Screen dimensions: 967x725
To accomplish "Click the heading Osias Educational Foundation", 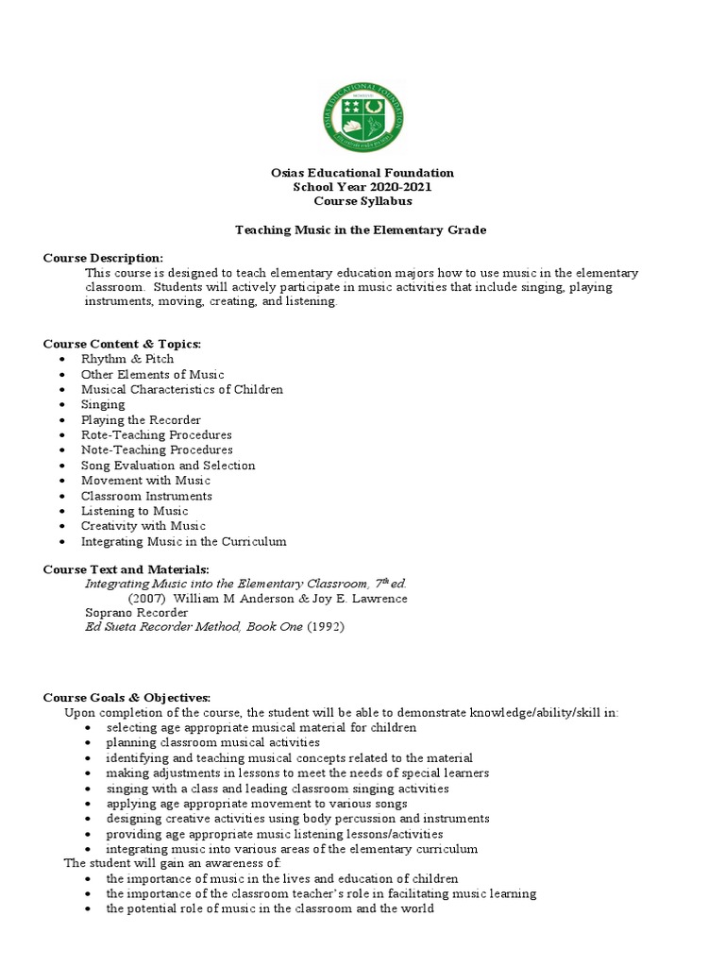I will pyautogui.click(x=362, y=173).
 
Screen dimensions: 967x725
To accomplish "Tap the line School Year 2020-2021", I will pyautogui.click(x=362, y=187).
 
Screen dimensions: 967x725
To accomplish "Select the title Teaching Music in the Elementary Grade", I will pyautogui.click(x=362, y=230).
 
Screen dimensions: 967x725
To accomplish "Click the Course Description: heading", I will pyautogui.click(x=104, y=259).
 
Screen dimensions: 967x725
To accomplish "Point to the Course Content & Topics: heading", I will pyautogui.click(x=123, y=344).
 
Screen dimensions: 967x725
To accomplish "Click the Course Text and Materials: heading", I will pyautogui.click(x=126, y=568).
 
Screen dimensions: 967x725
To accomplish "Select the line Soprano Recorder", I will pyautogui.click(x=137, y=613).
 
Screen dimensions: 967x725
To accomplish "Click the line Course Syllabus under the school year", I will pyautogui.click(x=362, y=201).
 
